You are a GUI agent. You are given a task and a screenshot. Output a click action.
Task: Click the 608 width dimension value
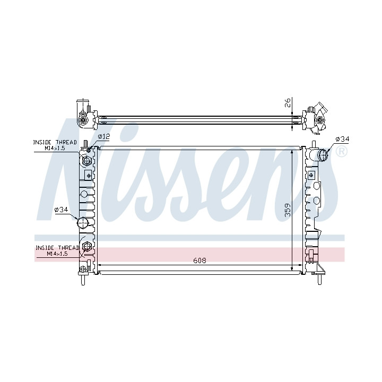click(199, 261)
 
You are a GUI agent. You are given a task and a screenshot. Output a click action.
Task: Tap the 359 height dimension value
click(288, 210)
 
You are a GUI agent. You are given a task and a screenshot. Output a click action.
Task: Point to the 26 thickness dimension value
click(288, 103)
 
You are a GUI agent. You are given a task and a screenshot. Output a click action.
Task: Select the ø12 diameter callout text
click(104, 136)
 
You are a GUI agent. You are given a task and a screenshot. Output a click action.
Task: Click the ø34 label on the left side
click(61, 210)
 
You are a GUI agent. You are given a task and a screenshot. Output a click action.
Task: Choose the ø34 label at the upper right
click(342, 139)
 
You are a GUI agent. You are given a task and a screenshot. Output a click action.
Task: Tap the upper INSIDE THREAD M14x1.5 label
click(55, 145)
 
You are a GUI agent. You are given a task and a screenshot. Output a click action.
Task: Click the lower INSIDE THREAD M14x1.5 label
click(57, 250)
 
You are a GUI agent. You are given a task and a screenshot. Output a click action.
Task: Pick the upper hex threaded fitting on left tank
click(86, 161)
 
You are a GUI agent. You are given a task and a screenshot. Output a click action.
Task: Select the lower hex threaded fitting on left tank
click(87, 247)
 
